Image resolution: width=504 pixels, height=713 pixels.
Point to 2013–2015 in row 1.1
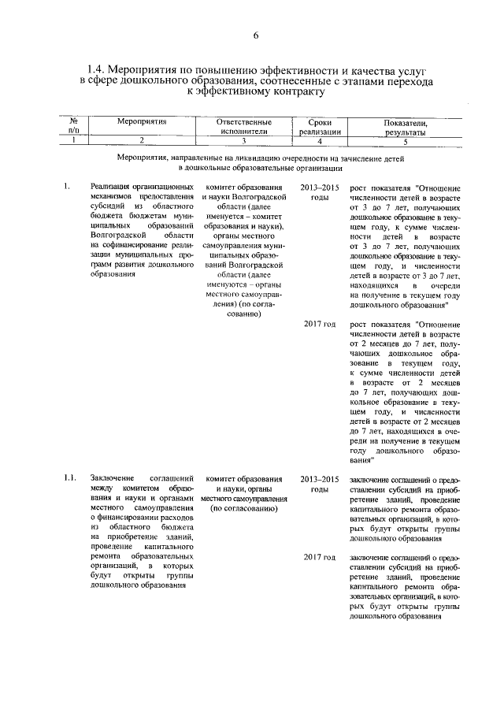tap(320, 478)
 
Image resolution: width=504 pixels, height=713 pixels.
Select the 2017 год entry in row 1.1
tap(320, 557)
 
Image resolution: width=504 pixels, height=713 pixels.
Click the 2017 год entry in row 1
tap(320, 324)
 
